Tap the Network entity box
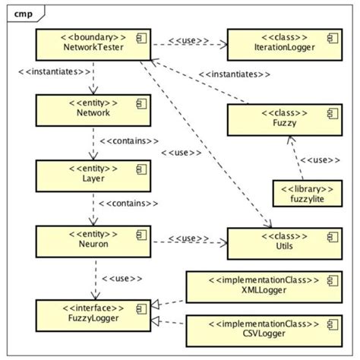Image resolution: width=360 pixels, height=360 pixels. pos(93,108)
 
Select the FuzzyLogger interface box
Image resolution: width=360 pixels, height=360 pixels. pos(93,314)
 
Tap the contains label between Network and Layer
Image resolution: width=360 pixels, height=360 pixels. pos(129,140)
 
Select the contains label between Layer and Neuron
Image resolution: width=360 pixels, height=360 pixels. pos(129,204)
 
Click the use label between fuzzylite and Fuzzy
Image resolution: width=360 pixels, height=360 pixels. pos(316,160)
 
